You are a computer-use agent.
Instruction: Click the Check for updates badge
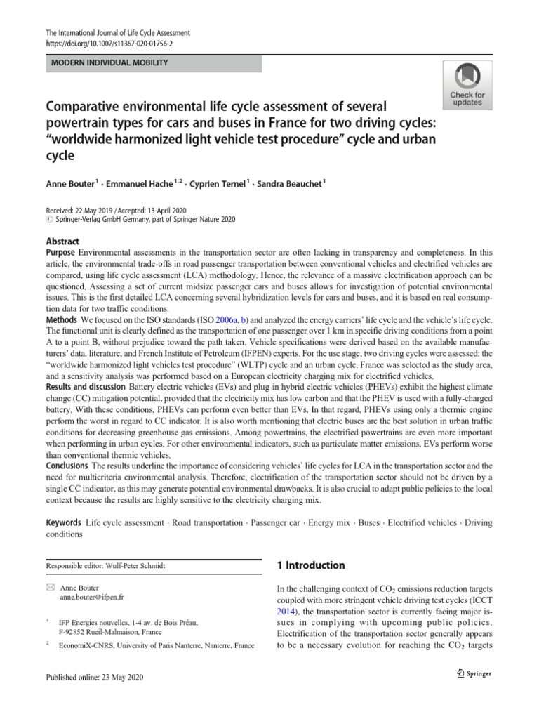tap(467, 84)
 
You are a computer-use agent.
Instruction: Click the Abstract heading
tap(62, 241)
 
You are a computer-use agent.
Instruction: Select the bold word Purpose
tap(60, 251)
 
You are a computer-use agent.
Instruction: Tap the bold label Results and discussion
tap(89, 387)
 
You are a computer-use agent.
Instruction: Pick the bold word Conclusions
tap(67, 466)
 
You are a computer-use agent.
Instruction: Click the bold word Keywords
tap(64, 523)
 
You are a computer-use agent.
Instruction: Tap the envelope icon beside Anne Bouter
tap(49, 587)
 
